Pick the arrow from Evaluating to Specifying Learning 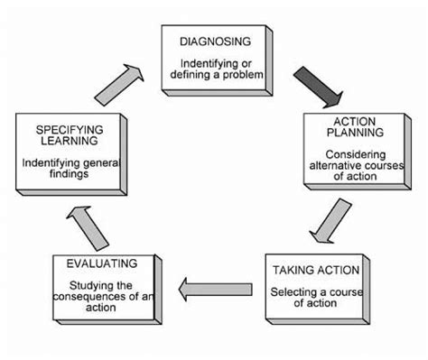tap(87, 226)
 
